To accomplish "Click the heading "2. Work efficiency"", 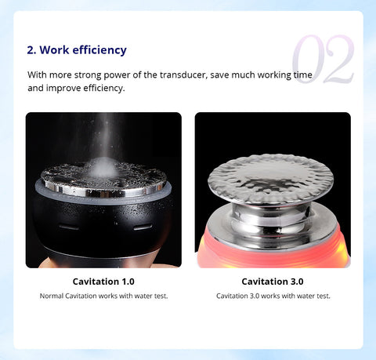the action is point(77,50).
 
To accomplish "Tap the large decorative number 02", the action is point(324,59).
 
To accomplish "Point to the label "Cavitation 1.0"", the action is point(103,282).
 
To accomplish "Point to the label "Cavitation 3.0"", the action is point(273,282).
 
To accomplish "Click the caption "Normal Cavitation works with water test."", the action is point(103,296).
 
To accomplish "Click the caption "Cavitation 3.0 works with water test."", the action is point(273,296).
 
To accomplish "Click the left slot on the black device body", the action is point(69,227).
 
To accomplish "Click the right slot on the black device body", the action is point(143,227).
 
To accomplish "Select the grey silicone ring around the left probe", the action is point(103,198).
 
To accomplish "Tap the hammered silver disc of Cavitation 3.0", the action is point(270,179).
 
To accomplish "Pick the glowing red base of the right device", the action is point(273,257).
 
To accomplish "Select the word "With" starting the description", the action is point(38,75).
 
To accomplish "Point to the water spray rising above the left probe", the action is point(105,136).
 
